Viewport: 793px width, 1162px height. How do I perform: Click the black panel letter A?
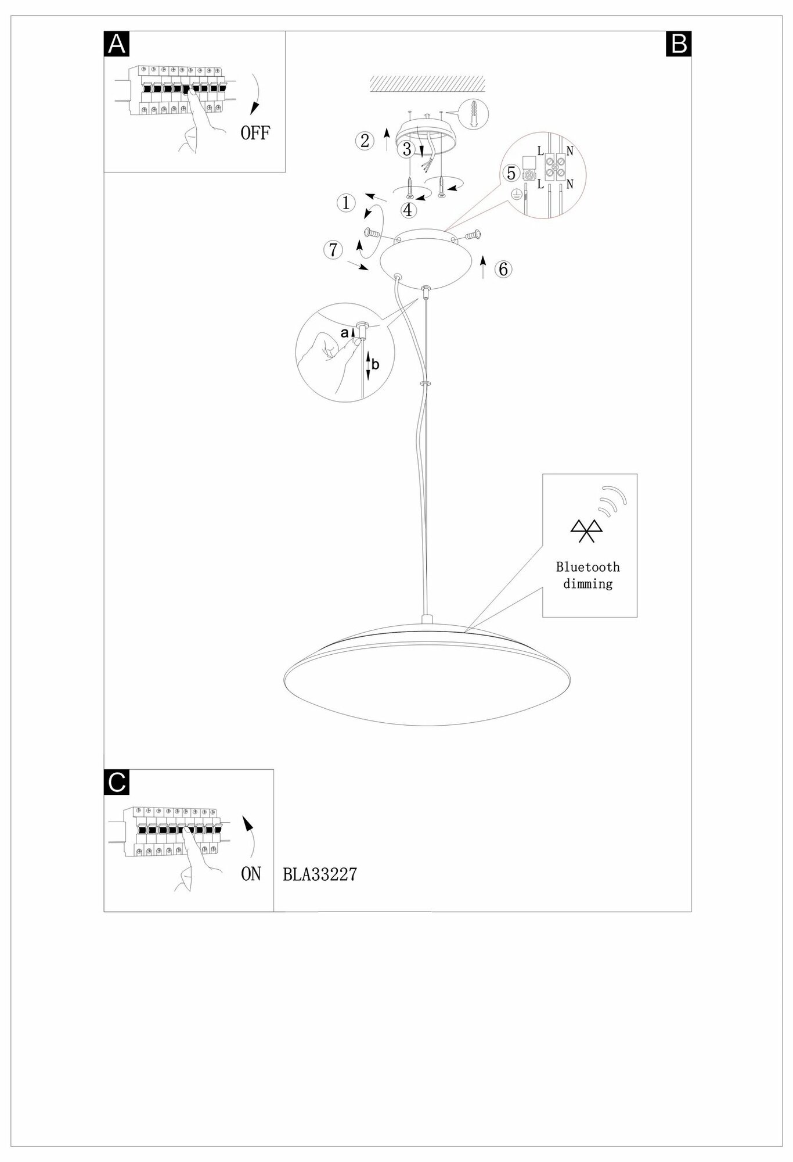117,44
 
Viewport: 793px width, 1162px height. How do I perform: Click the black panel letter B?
679,44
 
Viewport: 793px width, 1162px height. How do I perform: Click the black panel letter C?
117,782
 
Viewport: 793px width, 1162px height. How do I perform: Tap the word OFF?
255,133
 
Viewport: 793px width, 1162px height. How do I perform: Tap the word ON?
251,874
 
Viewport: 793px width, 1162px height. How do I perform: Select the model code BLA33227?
320,874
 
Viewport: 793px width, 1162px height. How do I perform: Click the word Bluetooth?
587,567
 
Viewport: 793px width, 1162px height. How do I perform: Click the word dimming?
587,583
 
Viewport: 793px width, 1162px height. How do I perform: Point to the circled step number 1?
346,203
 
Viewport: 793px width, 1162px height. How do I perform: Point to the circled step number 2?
365,141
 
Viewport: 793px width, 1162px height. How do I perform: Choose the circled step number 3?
407,149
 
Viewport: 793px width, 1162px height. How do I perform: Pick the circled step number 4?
408,210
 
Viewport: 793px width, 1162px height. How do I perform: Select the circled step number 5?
511,173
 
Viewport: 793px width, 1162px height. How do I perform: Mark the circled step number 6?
503,269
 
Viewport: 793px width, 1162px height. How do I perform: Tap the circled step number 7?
333,250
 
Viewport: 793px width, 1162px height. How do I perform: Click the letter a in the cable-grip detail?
344,333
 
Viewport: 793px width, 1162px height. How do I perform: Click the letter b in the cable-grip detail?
376,364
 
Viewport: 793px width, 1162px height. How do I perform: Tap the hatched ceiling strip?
428,83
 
